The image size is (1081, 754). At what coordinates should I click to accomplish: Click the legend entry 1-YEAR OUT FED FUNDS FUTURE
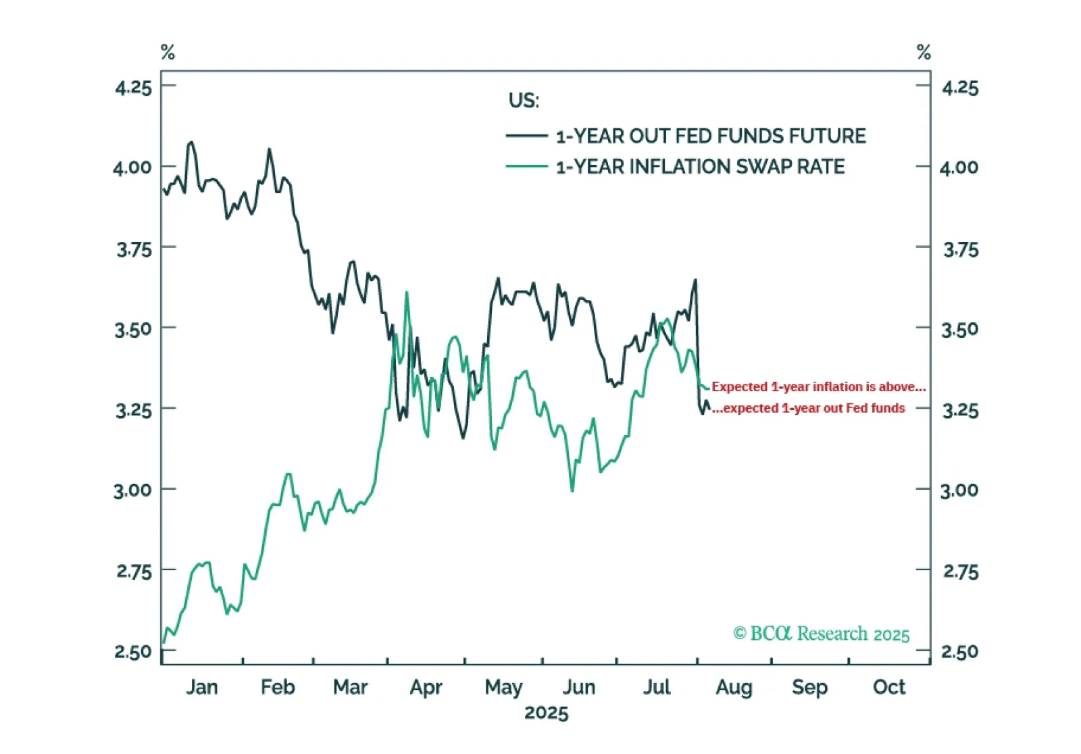pos(710,136)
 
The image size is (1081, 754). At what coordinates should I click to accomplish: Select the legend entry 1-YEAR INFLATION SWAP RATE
pos(700,166)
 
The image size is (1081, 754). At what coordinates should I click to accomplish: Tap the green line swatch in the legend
pos(526,166)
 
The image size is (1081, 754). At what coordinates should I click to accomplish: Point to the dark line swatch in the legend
pos(526,136)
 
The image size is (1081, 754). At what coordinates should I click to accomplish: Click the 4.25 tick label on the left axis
pos(133,87)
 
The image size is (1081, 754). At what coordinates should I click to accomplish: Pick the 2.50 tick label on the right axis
pos(959,652)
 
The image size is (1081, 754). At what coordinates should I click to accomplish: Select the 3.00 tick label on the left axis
pos(133,490)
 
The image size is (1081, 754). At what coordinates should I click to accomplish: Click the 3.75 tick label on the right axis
pos(960,250)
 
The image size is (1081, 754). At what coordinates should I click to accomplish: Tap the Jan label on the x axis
pos(202,687)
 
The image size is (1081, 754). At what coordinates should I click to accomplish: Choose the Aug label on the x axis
pos(734,688)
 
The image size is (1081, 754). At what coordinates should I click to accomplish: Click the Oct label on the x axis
pos(888,687)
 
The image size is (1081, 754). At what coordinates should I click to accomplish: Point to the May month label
pos(503,688)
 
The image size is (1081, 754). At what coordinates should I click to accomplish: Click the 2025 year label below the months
pos(547,713)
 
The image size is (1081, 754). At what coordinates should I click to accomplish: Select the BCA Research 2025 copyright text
pos(822,634)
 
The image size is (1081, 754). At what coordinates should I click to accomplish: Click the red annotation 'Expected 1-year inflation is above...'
pos(818,387)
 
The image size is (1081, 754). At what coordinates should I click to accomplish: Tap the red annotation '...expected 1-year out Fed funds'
pos(809,408)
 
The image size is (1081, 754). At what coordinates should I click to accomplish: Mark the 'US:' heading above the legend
pos(524,101)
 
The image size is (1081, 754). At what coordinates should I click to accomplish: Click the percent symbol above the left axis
pos(168,52)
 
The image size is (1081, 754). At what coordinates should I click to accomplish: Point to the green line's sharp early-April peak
pos(407,293)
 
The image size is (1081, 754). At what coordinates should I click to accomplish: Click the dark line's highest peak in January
pos(191,143)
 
